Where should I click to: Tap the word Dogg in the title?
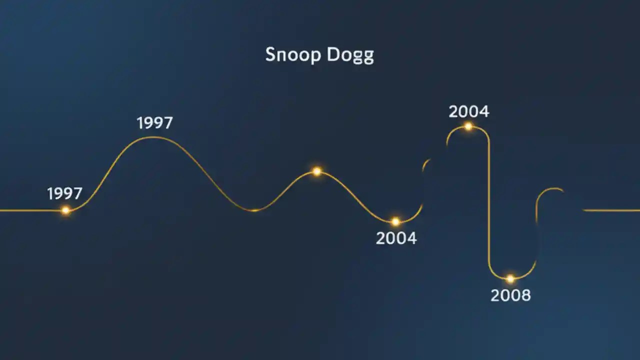pyautogui.click(x=350, y=55)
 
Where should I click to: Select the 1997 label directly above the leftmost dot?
pyautogui.click(x=64, y=193)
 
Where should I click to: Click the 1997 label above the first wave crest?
pyautogui.click(x=154, y=123)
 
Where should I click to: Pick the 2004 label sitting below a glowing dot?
pyautogui.click(x=396, y=238)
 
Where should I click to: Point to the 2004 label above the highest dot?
pyautogui.click(x=468, y=111)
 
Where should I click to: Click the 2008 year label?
pyautogui.click(x=510, y=295)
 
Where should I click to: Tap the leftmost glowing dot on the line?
pyautogui.click(x=65, y=210)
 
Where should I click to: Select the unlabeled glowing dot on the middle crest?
pyautogui.click(x=316, y=171)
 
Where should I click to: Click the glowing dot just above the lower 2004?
pyautogui.click(x=395, y=221)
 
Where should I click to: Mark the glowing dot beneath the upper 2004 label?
pyautogui.click(x=468, y=126)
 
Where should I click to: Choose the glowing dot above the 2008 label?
pyautogui.click(x=510, y=278)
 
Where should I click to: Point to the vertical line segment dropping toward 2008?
pyautogui.click(x=489, y=200)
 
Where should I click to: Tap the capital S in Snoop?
pyautogui.click(x=270, y=54)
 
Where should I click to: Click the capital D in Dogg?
pyautogui.click(x=333, y=54)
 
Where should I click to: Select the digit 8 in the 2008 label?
pyautogui.click(x=525, y=295)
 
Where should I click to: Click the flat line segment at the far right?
pyautogui.click(x=612, y=210)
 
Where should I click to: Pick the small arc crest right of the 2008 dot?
pyautogui.click(x=552, y=189)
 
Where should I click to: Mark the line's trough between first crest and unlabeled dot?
pyautogui.click(x=254, y=210)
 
